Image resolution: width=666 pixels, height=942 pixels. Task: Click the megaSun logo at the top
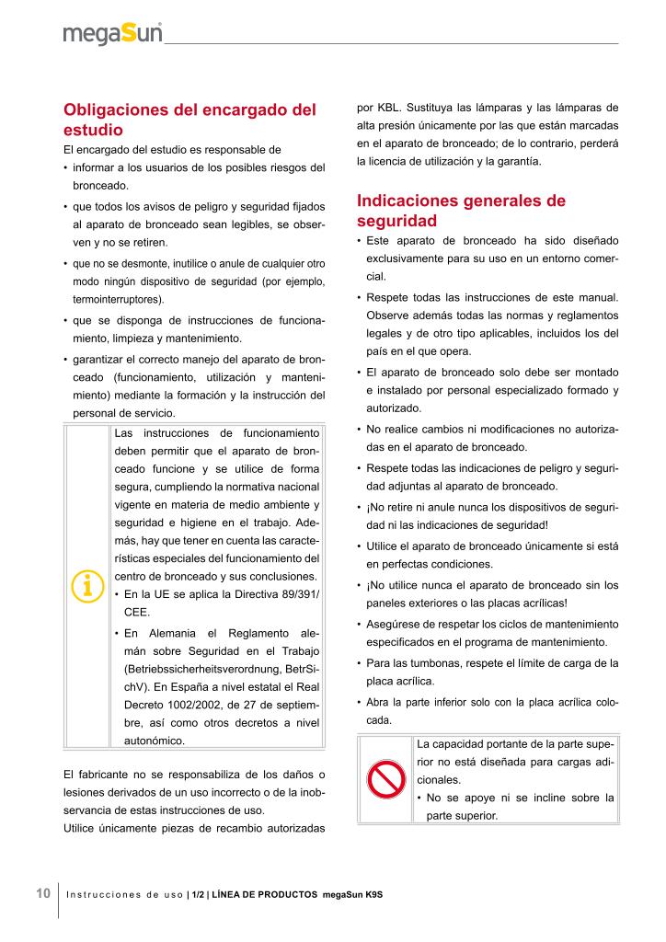click(x=112, y=34)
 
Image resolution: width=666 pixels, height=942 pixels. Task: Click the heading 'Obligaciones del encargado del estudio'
click(x=189, y=120)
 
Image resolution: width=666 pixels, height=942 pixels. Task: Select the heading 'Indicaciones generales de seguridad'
click(x=461, y=211)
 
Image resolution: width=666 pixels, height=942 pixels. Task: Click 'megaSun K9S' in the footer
click(x=351, y=895)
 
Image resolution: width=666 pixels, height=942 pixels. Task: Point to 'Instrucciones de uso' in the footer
click(x=125, y=895)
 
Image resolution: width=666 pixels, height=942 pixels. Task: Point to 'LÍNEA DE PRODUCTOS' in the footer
click(x=265, y=895)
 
